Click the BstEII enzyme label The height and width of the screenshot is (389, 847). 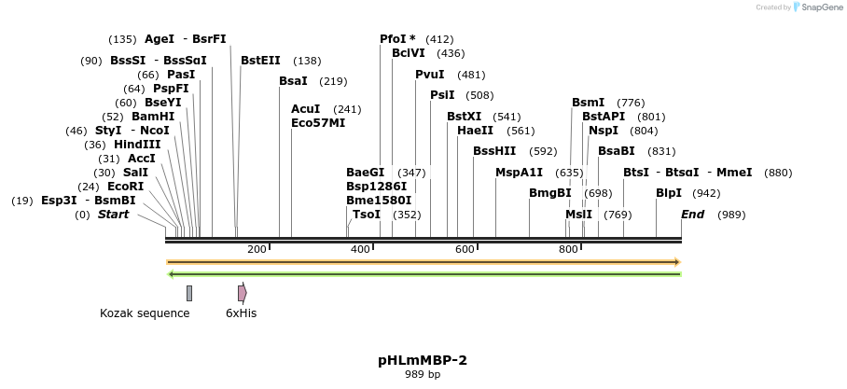(260, 61)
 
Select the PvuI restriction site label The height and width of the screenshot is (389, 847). (430, 75)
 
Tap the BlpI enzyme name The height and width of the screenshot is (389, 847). (669, 193)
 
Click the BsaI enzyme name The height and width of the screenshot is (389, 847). (293, 81)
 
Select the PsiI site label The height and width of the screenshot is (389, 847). (442, 95)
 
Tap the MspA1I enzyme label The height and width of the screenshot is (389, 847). (520, 173)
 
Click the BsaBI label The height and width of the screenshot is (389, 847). (617, 151)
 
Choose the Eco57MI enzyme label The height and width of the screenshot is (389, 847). (318, 123)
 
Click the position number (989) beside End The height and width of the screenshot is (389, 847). (731, 215)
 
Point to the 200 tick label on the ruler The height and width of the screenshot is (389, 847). (257, 249)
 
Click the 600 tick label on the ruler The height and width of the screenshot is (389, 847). (465, 249)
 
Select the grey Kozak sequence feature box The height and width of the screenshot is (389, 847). (189, 293)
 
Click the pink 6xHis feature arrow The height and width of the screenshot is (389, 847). (242, 293)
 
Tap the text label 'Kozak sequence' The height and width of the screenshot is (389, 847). (145, 313)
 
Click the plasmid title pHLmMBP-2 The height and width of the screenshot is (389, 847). (423, 360)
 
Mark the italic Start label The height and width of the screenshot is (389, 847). (114, 215)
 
